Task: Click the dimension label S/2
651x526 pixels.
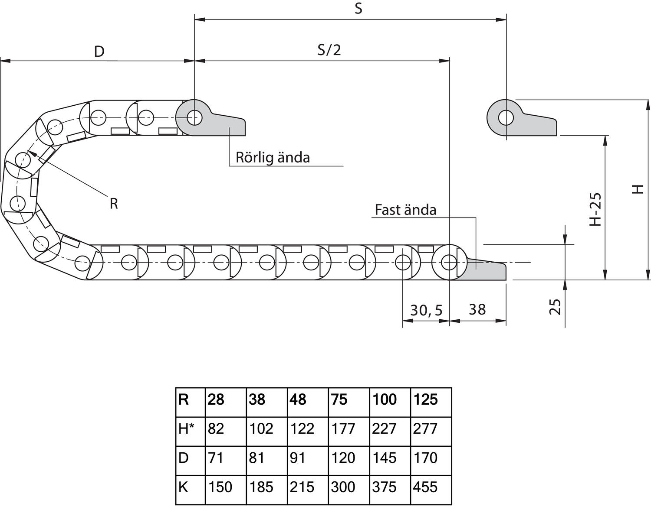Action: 329,50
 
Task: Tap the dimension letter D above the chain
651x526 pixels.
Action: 99,52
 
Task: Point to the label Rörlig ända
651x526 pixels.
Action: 273,157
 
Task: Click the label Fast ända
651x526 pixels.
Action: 405,210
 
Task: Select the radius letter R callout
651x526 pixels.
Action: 114,203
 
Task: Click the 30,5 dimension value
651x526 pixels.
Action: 426,310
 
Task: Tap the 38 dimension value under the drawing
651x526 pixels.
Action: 477,309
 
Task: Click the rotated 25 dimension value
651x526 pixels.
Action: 556,307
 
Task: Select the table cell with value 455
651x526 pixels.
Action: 425,487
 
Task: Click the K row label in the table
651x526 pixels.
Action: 184,487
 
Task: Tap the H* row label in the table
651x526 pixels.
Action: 186,429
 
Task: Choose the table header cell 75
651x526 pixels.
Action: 339,399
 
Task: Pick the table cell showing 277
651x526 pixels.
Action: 425,429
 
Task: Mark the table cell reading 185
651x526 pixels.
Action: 261,487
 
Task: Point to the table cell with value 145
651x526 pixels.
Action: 384,458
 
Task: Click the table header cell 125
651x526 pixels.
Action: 426,399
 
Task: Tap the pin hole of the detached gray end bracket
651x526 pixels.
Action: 506,117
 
